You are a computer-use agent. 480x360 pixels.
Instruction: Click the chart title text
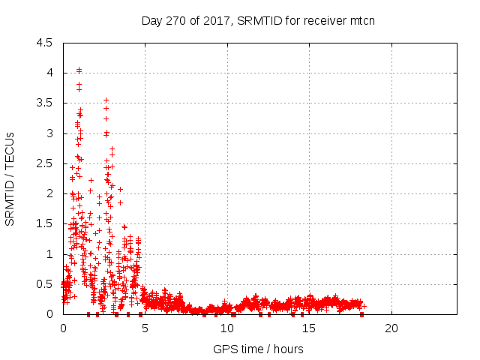258,20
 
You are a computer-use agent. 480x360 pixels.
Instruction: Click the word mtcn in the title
361,20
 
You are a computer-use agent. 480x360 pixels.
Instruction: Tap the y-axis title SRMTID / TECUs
10,178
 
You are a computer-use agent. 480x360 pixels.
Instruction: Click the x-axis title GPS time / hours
258,349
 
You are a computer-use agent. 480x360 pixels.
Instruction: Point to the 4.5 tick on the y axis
45,43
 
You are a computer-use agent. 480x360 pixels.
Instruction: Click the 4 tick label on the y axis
49,73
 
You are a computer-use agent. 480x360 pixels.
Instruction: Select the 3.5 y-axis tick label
45,103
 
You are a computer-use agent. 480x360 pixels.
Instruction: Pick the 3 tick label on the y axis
49,133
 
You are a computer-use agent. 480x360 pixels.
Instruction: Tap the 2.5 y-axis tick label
45,163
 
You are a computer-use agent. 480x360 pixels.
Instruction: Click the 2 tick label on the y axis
49,193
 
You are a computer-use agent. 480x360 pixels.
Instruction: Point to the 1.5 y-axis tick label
45,223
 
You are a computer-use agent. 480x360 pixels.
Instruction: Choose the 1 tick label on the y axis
49,254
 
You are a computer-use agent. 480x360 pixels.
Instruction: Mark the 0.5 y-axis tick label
45,284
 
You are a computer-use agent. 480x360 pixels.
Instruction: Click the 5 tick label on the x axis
145,328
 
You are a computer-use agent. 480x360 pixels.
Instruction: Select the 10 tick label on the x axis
227,328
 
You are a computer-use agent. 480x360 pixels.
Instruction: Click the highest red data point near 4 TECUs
79,70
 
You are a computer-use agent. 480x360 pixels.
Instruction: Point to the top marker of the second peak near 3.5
106,100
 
